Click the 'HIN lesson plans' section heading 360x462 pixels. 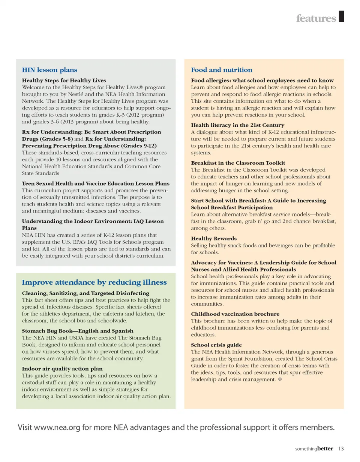(50, 70)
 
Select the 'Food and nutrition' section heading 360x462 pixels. (222, 70)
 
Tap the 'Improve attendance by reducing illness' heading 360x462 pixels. (94, 282)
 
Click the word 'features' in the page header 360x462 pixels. (316, 18)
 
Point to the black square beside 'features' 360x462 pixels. (341, 17)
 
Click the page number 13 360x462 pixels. (341, 448)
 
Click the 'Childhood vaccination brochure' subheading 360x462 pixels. (235, 314)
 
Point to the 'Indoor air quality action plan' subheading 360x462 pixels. (62, 369)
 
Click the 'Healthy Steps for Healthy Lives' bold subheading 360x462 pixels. (64, 80)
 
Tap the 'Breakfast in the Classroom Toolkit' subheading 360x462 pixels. (238, 163)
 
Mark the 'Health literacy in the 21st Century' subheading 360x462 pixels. (238, 125)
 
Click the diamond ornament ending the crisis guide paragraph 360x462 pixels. (279, 379)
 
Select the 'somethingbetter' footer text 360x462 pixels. (315, 448)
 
